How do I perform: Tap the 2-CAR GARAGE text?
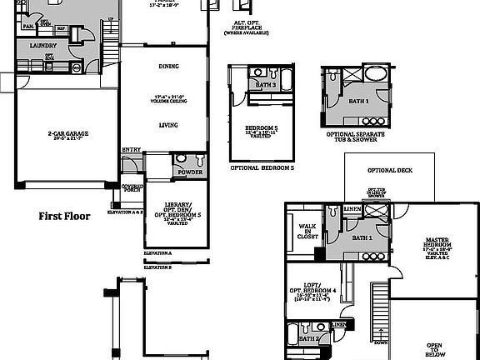click(x=67, y=133)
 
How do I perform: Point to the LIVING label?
click(x=169, y=125)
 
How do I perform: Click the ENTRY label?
click(x=132, y=150)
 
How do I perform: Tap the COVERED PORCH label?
click(x=132, y=188)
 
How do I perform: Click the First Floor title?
click(x=64, y=216)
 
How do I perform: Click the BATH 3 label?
click(x=266, y=85)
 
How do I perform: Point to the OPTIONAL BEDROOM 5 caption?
click(x=262, y=167)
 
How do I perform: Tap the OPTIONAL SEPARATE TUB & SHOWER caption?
click(x=355, y=137)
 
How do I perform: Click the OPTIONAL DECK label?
click(x=390, y=170)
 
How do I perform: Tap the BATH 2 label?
click(x=308, y=339)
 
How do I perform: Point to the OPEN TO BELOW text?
click(x=434, y=349)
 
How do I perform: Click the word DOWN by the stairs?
click(x=381, y=342)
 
